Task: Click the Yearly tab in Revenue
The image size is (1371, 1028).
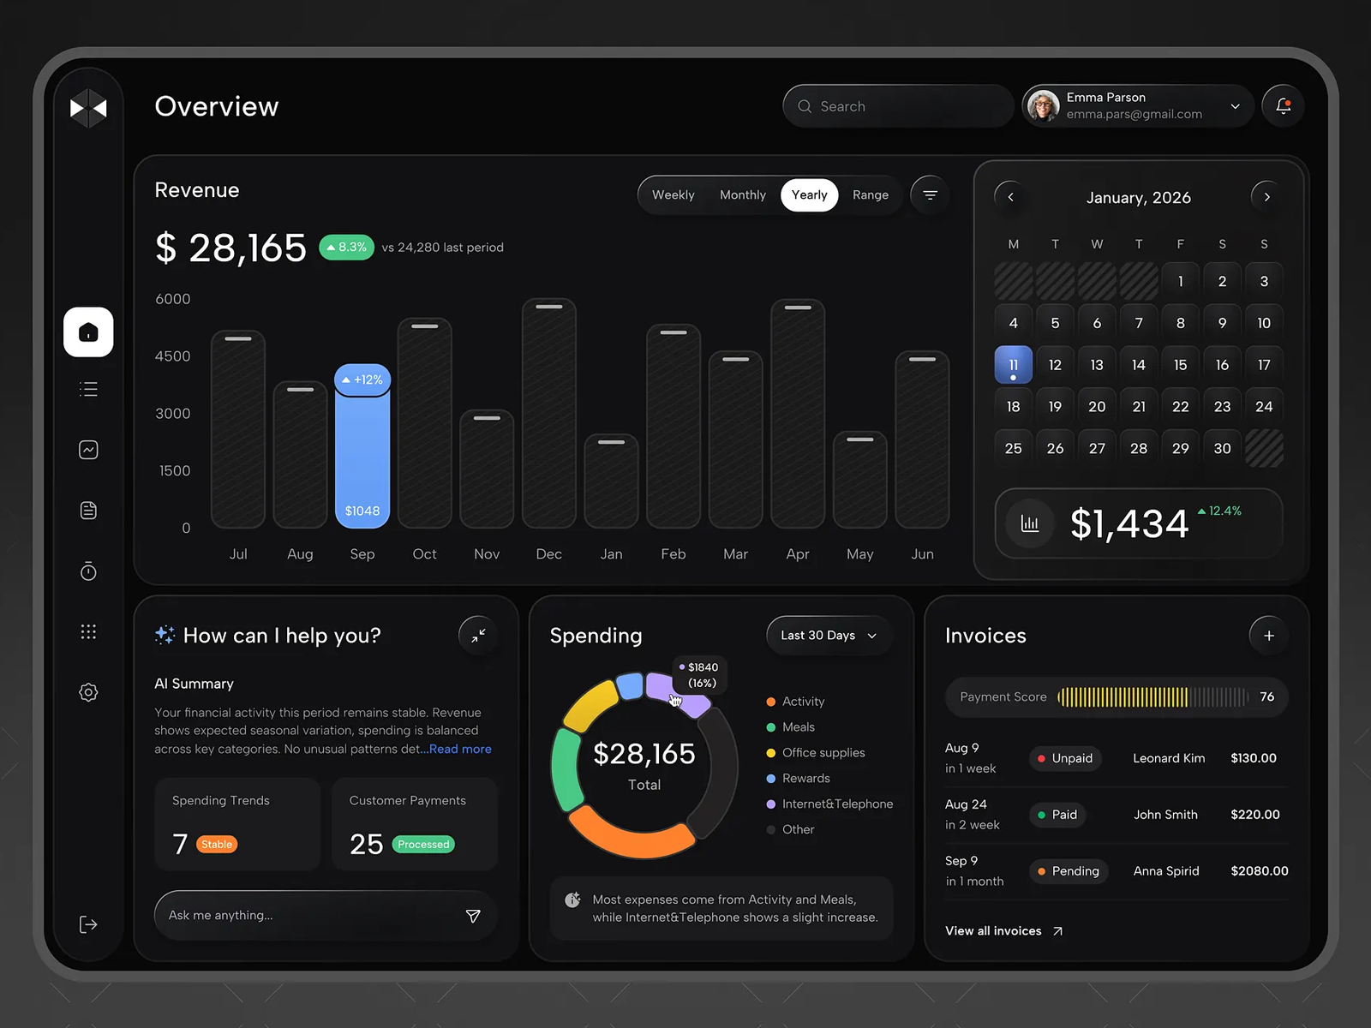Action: [x=809, y=194]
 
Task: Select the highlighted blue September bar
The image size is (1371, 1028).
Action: [x=362, y=445]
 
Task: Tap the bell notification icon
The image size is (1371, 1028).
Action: [x=1283, y=106]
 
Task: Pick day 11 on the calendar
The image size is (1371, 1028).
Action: [x=1013, y=365]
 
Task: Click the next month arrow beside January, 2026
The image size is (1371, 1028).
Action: [x=1266, y=197]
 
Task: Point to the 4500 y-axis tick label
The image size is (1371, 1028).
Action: [x=172, y=356]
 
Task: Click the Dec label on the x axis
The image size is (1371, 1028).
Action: [x=549, y=553]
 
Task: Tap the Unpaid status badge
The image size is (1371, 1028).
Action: [x=1065, y=758]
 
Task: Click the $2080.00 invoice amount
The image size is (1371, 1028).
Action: [x=1260, y=870]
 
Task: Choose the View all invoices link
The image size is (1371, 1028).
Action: [x=1003, y=930]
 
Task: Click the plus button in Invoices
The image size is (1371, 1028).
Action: [x=1268, y=636]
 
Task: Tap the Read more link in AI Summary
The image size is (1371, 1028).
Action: [x=460, y=749]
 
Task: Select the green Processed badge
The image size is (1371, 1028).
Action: [x=423, y=844]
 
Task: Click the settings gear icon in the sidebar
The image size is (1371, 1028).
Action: [x=89, y=692]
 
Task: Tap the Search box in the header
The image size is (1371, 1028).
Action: [x=897, y=106]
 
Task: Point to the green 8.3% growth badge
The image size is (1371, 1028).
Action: [x=347, y=248]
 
